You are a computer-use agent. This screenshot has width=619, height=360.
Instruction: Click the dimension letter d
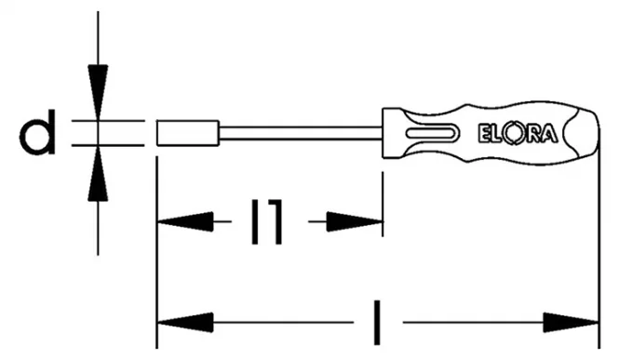36,132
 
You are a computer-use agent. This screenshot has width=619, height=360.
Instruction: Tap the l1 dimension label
267,221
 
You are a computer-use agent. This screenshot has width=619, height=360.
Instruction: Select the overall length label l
377,323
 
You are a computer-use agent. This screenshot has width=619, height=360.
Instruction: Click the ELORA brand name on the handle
518,134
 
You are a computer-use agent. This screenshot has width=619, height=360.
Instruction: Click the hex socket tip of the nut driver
188,133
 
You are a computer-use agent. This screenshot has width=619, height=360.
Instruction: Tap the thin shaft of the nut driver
301,133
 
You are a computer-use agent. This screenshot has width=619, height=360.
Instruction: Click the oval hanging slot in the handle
433,133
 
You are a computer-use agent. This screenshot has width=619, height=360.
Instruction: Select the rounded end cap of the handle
582,133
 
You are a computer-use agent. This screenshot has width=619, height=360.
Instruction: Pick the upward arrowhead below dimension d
98,174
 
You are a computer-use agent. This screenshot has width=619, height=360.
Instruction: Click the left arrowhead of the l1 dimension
185,221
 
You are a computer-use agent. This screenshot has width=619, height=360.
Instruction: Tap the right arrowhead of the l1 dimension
355,221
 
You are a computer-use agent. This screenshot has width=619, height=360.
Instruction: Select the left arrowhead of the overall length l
185,323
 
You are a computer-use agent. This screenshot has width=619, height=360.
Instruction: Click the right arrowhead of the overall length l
572,323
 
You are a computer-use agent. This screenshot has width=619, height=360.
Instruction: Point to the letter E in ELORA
484,134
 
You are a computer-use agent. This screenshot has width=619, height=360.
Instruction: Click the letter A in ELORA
549,134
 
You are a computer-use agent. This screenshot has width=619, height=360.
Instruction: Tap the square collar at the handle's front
394,133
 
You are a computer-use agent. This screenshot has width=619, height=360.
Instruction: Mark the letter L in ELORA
497,134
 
